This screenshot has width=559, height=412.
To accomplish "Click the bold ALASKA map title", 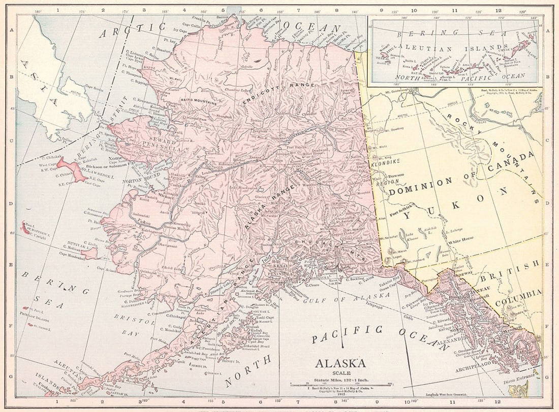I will pyautogui.click(x=340, y=363).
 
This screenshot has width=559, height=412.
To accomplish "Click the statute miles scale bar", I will pyautogui.click(x=340, y=384).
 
